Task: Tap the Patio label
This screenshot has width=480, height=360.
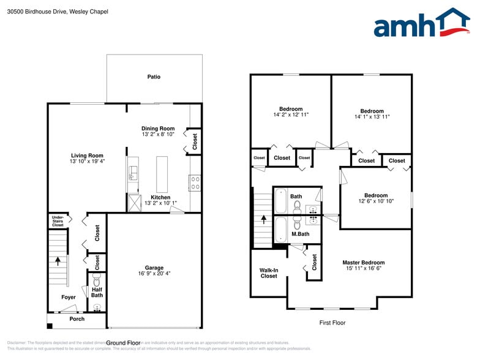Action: pyautogui.click(x=154, y=77)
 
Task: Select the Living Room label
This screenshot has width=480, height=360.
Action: pyautogui.click(x=87, y=156)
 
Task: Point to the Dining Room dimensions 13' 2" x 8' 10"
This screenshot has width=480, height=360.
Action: pyautogui.click(x=158, y=134)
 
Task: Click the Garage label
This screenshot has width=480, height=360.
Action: pyautogui.click(x=154, y=268)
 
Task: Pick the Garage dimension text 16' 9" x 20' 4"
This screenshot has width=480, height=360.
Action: pyautogui.click(x=154, y=274)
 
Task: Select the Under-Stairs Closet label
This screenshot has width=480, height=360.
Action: pyautogui.click(x=58, y=220)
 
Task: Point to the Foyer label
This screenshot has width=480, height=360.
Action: pyautogui.click(x=69, y=298)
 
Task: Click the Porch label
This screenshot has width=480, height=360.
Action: pyautogui.click(x=77, y=319)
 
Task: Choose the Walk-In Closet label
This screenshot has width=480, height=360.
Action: pyautogui.click(x=269, y=272)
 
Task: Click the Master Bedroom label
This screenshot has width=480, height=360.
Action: pyautogui.click(x=364, y=263)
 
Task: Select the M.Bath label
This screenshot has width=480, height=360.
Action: pyautogui.click(x=300, y=234)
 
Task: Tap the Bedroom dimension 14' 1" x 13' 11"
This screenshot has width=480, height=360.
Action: pyautogui.click(x=372, y=116)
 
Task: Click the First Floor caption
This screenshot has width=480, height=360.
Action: pyautogui.click(x=332, y=322)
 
